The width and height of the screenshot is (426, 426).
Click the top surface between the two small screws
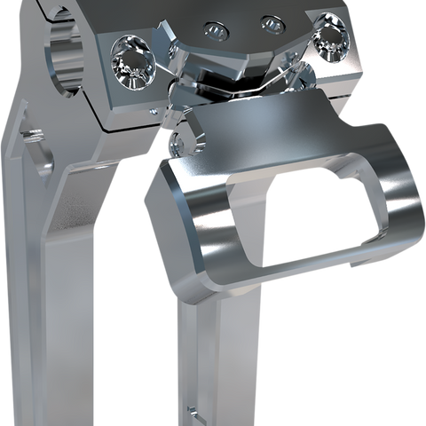242,27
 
